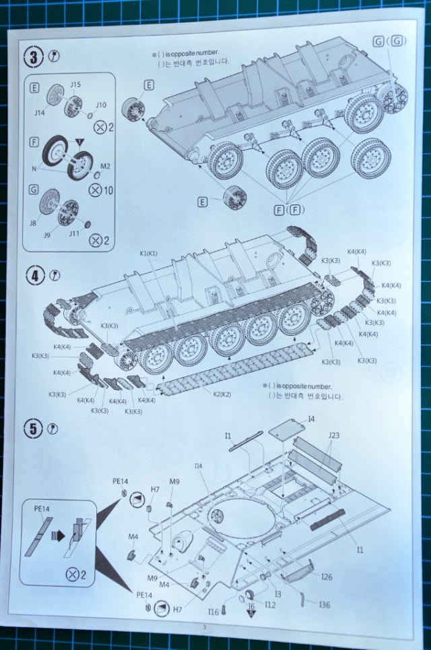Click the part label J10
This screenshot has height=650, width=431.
[x=100, y=105]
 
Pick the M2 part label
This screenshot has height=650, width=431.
[x=104, y=166]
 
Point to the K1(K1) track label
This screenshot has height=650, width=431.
[x=149, y=252]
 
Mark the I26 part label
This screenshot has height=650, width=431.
[x=327, y=577]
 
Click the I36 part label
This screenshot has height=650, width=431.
[x=325, y=604]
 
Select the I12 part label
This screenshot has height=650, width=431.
[x=271, y=603]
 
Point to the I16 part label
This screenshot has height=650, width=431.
[x=213, y=611]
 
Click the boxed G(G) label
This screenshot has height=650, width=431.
[x=389, y=42]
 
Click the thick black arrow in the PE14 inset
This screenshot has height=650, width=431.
[x=59, y=537]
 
